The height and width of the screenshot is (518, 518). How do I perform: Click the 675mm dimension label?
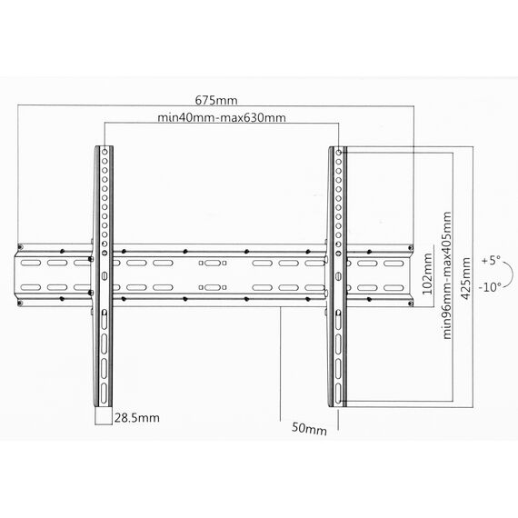tap(216, 100)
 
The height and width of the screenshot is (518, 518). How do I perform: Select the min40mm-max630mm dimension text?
tap(222, 117)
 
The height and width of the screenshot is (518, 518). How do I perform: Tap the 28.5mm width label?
tap(137, 418)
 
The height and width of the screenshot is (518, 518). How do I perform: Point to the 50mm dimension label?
tap(309, 428)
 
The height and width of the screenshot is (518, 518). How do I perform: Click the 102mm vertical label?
tap(427, 274)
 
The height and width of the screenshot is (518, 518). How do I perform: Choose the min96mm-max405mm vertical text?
tap(446, 275)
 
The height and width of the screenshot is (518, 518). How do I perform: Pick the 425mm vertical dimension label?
tap(465, 278)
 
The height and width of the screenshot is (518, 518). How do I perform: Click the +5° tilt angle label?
tap(491, 260)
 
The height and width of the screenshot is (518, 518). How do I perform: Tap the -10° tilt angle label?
tap(490, 287)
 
